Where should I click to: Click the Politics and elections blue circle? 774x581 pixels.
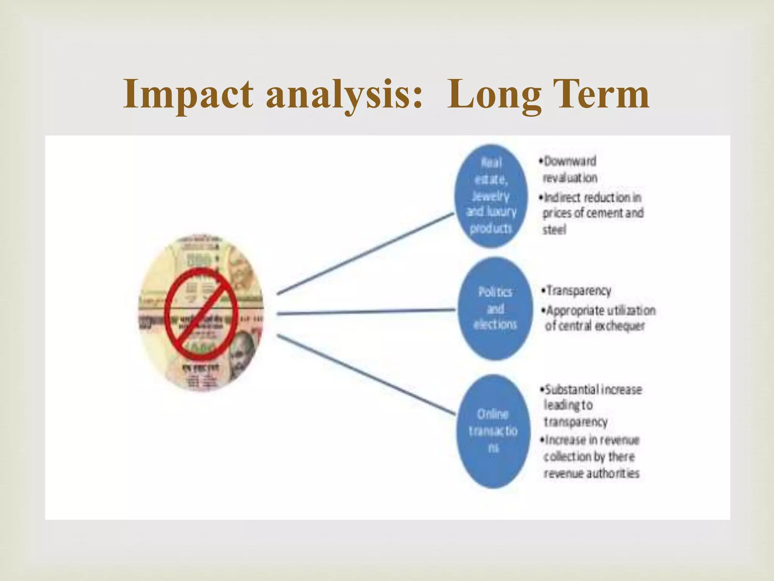tap(495, 308)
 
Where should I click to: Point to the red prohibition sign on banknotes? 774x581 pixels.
tap(201, 314)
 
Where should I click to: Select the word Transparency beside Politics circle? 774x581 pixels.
tap(579, 290)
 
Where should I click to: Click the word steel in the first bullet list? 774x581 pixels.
tap(554, 230)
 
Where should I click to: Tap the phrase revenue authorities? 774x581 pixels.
tap(591, 473)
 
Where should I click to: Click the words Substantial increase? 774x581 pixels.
tap(593, 390)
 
